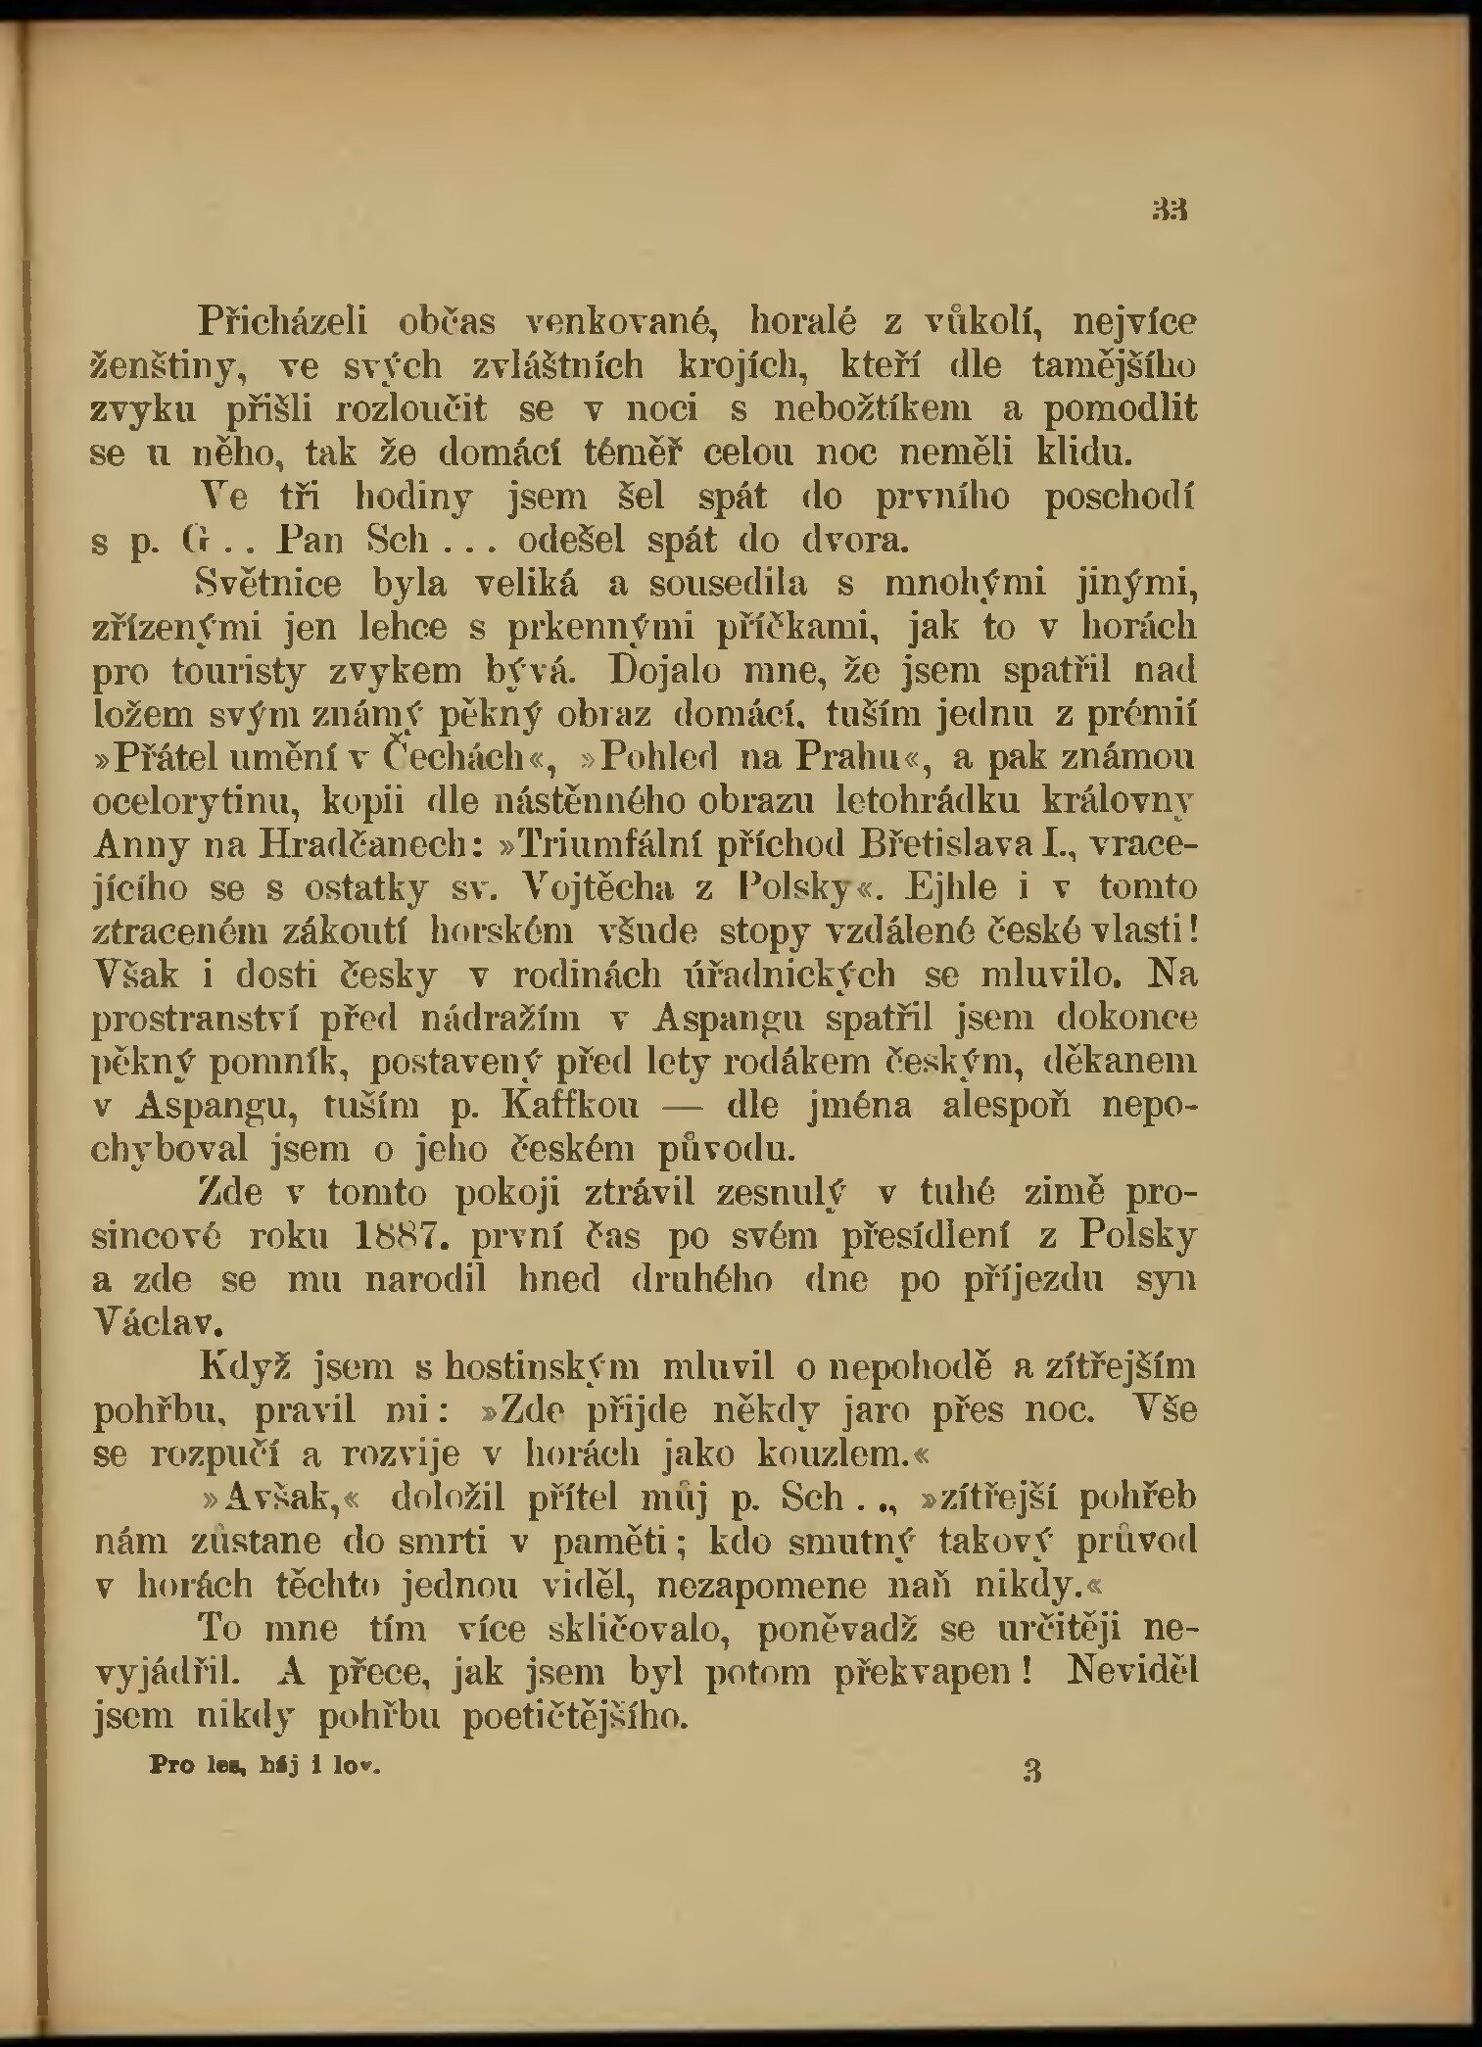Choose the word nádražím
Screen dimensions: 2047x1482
tap(500, 1020)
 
